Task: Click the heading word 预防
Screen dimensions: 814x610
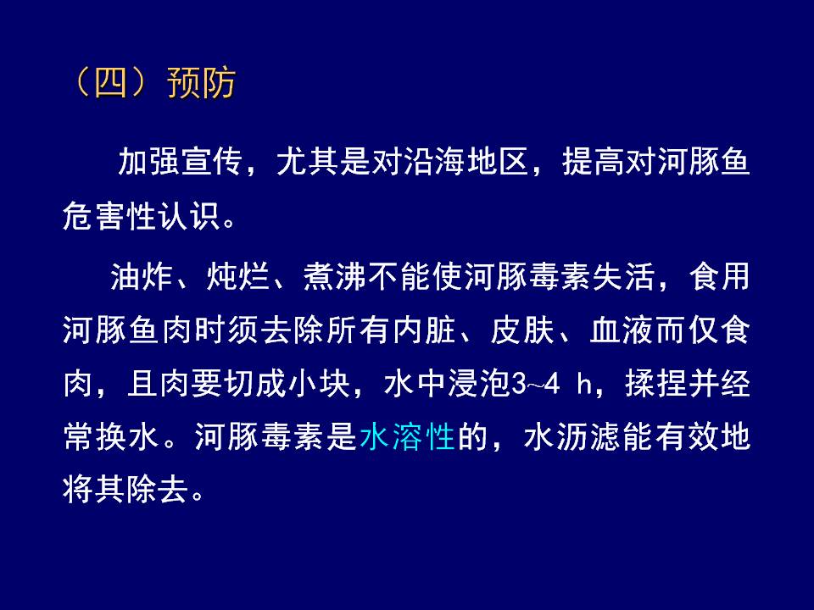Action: pyautogui.click(x=202, y=83)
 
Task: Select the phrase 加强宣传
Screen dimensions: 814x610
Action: pyautogui.click(x=180, y=162)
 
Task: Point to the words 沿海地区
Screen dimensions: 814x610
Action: pyautogui.click(x=466, y=162)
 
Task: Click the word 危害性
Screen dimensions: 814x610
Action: pyautogui.click(x=109, y=215)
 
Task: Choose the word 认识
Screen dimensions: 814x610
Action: pyautogui.click(x=189, y=215)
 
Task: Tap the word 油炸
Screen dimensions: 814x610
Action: pyautogui.click(x=142, y=277)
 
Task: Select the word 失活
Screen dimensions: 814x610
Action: pyautogui.click(x=623, y=277)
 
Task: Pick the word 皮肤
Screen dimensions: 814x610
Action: pyautogui.click(x=521, y=330)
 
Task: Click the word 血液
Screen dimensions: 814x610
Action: pyautogui.click(x=622, y=330)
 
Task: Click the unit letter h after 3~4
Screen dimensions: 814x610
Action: pyautogui.click(x=585, y=385)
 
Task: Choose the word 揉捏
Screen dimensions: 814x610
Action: pyautogui.click(x=656, y=384)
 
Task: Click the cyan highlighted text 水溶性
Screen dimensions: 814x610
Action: pyautogui.click(x=407, y=437)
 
